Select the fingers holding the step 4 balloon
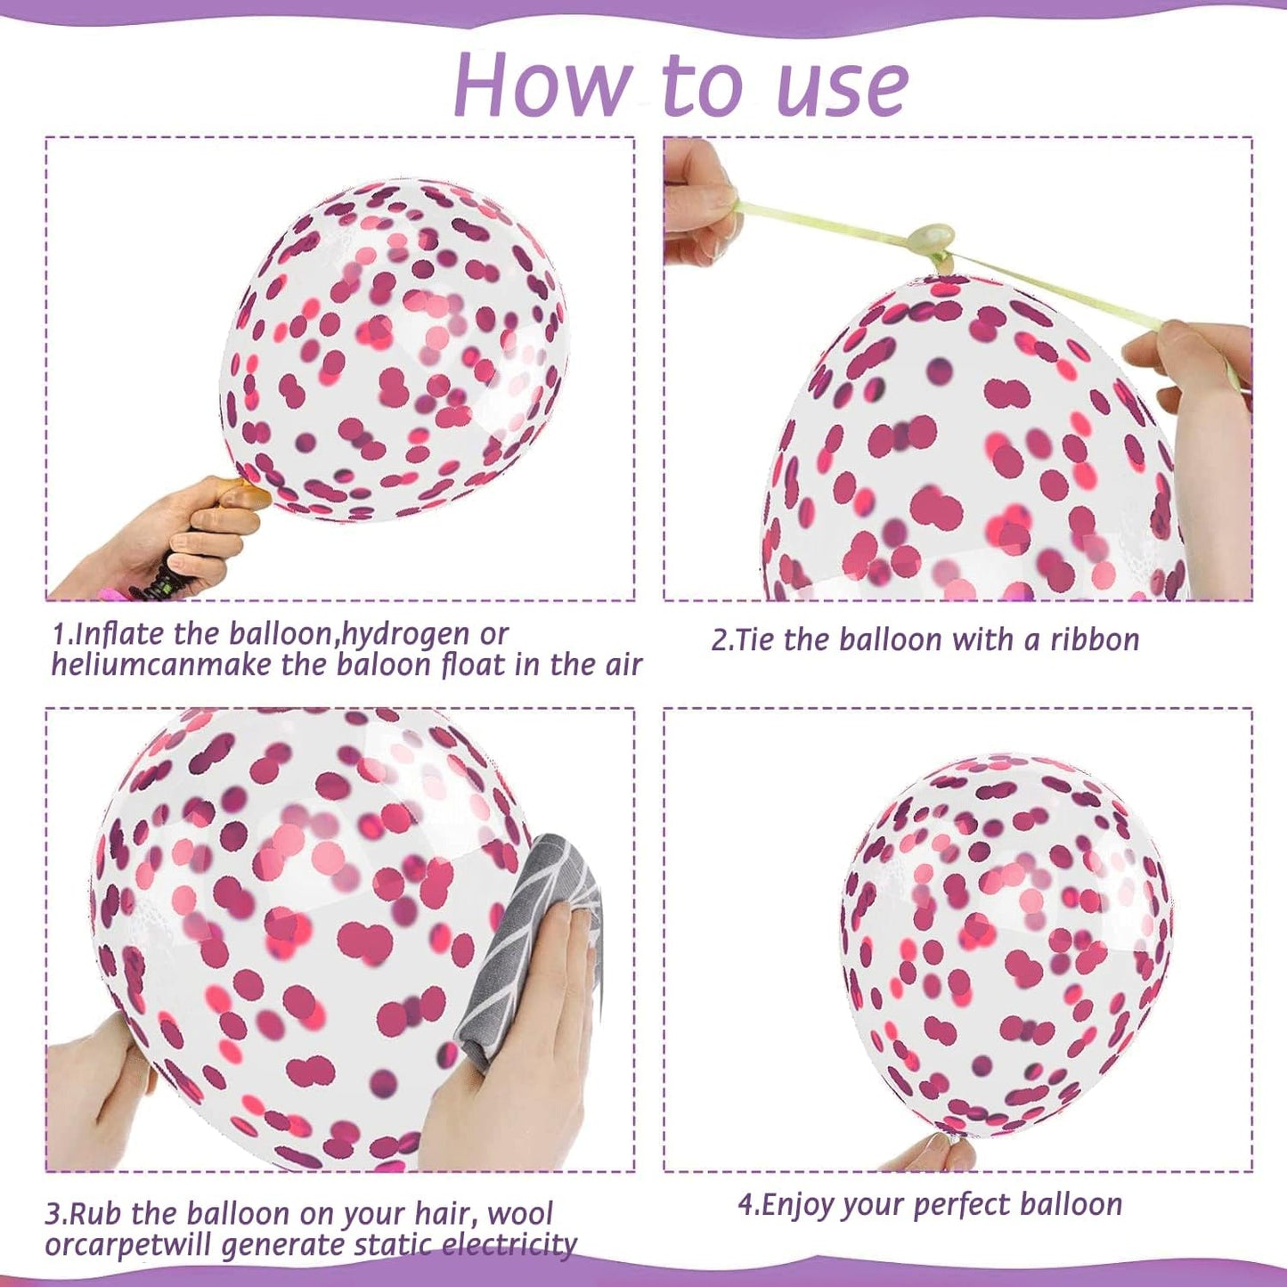click(931, 1155)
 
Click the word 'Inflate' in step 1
click(122, 635)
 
